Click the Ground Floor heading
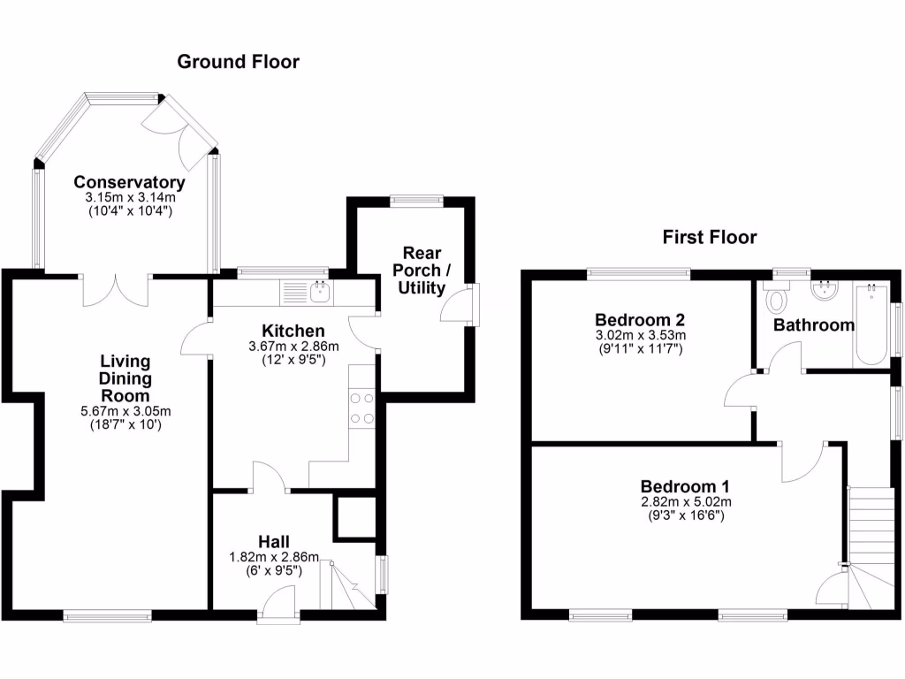point(238,62)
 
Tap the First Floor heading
point(710,237)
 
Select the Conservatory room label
point(129,183)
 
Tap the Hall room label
point(274,541)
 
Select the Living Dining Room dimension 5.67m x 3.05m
point(125,410)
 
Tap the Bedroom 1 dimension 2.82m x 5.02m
point(685,501)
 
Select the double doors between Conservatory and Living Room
point(116,289)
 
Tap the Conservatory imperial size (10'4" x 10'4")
point(129,211)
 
